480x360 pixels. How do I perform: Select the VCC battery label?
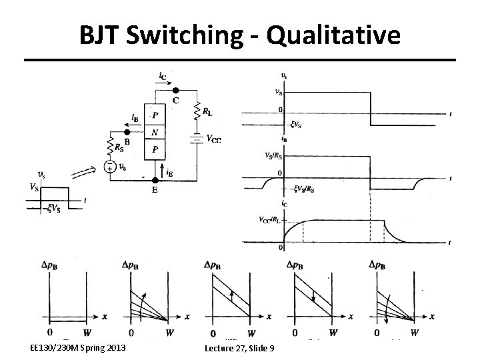[214, 139]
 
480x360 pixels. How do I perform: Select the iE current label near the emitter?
[170, 172]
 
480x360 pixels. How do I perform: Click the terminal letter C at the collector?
[175, 100]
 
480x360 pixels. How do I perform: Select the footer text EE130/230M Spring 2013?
[77, 348]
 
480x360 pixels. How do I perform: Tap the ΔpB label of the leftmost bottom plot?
[54, 265]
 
